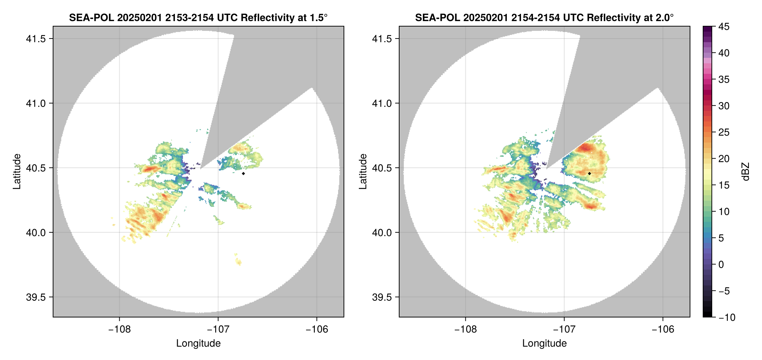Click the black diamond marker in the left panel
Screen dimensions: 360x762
[x=243, y=173]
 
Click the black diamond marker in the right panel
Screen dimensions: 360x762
[x=589, y=173]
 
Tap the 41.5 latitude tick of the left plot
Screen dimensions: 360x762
[x=36, y=39]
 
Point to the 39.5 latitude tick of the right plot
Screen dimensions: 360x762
[x=382, y=297]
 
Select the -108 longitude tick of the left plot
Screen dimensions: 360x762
[x=119, y=329]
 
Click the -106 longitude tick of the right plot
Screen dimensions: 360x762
[x=663, y=329]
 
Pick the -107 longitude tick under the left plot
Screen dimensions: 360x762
[x=218, y=329]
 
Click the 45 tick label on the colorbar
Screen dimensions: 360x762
[x=724, y=27]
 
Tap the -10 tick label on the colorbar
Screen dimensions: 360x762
[x=727, y=317]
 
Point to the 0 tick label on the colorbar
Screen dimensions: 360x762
[x=721, y=265]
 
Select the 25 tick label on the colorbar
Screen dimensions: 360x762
[x=724, y=132]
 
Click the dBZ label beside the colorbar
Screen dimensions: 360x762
[x=746, y=172]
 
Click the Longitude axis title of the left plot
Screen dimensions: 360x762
[x=198, y=343]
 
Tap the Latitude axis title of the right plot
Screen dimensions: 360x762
[x=363, y=172]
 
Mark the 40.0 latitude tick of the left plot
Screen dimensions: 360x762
[x=36, y=233]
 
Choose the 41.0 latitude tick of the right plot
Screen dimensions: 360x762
[x=382, y=103]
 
